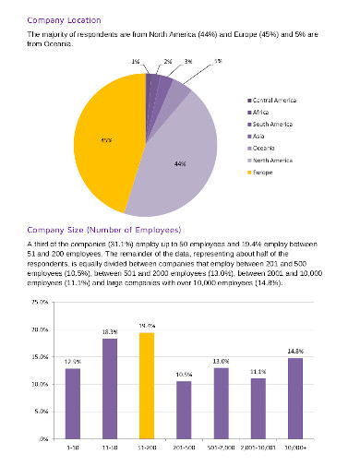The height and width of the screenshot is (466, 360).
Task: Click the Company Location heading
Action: point(64,18)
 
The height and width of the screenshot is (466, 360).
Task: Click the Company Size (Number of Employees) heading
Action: point(104,230)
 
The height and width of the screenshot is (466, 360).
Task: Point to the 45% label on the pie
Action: point(107,140)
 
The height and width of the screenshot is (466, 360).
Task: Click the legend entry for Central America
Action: point(274,99)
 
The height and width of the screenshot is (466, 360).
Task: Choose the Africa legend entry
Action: point(262,111)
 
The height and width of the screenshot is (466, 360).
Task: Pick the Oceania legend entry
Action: point(265,147)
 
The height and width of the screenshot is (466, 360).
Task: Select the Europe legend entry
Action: point(264,171)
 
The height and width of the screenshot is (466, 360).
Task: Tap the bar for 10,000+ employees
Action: point(294,399)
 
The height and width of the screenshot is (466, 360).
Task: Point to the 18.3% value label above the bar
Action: point(110,331)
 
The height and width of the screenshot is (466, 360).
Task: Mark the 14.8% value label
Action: point(294,351)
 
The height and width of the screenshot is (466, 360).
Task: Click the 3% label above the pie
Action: point(187,62)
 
